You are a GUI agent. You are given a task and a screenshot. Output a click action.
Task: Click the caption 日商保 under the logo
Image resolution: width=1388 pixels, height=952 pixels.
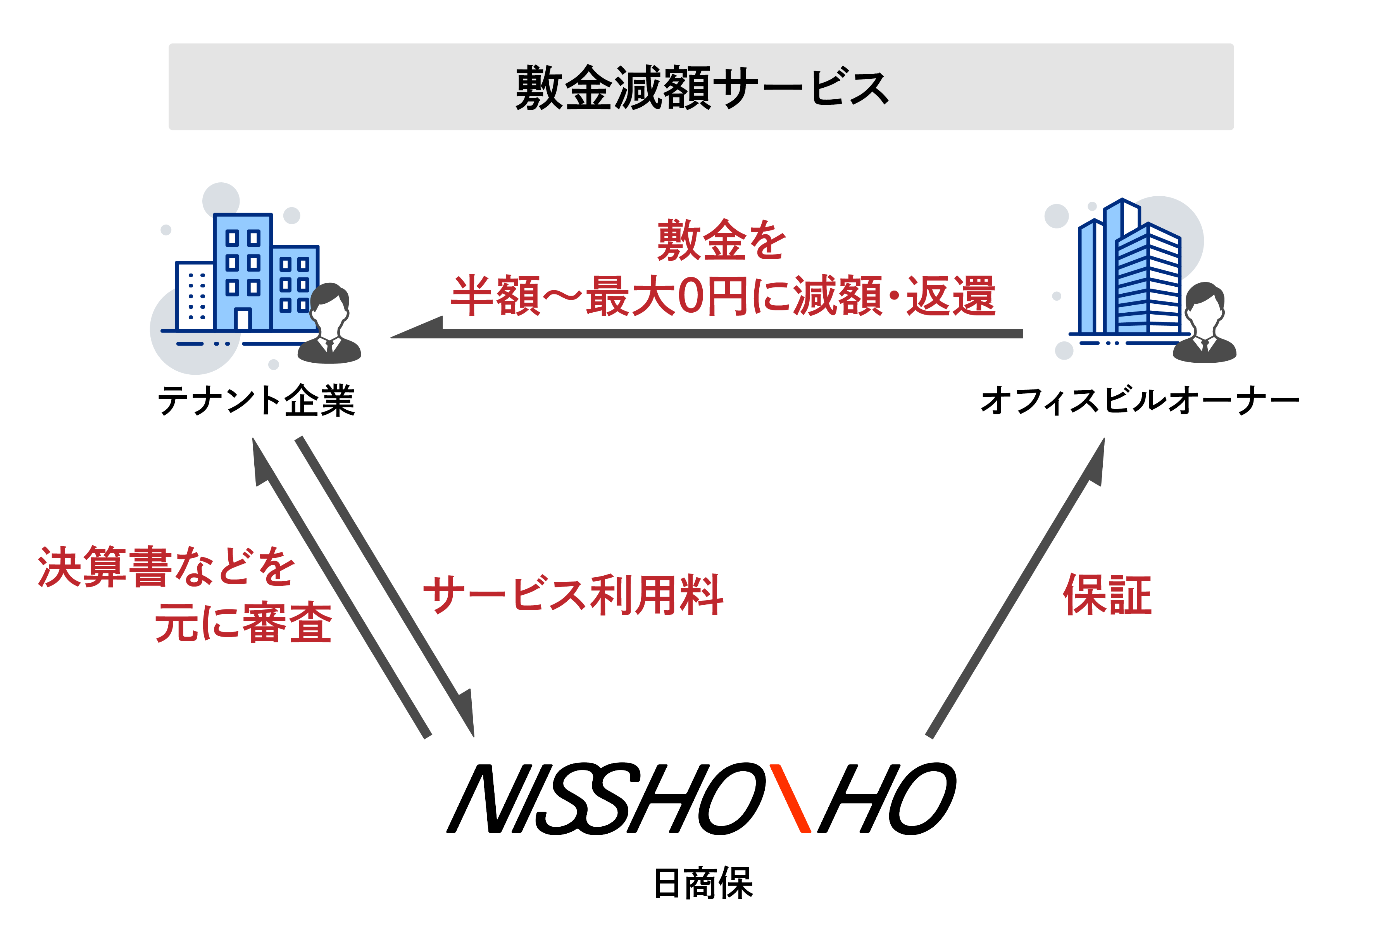pyautogui.click(x=703, y=883)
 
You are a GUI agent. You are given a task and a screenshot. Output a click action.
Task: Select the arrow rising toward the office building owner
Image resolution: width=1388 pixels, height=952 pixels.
pyautogui.click(x=1015, y=589)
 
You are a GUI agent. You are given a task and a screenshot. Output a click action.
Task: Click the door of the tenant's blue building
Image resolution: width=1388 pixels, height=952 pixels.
pyautogui.click(x=243, y=318)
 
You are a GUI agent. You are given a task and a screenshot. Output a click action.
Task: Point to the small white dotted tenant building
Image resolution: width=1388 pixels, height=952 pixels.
pyautogui.click(x=195, y=296)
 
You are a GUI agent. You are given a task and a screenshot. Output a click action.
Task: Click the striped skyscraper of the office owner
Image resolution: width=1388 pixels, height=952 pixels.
pyautogui.click(x=1147, y=281)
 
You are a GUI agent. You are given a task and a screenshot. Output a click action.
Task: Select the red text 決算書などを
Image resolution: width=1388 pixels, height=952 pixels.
pyautogui.click(x=166, y=566)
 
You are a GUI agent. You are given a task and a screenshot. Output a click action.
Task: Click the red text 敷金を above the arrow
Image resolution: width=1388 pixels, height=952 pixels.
pyautogui.click(x=721, y=240)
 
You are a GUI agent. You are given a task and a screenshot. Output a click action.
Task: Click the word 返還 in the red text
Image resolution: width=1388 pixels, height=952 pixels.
pyautogui.click(x=951, y=296)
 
